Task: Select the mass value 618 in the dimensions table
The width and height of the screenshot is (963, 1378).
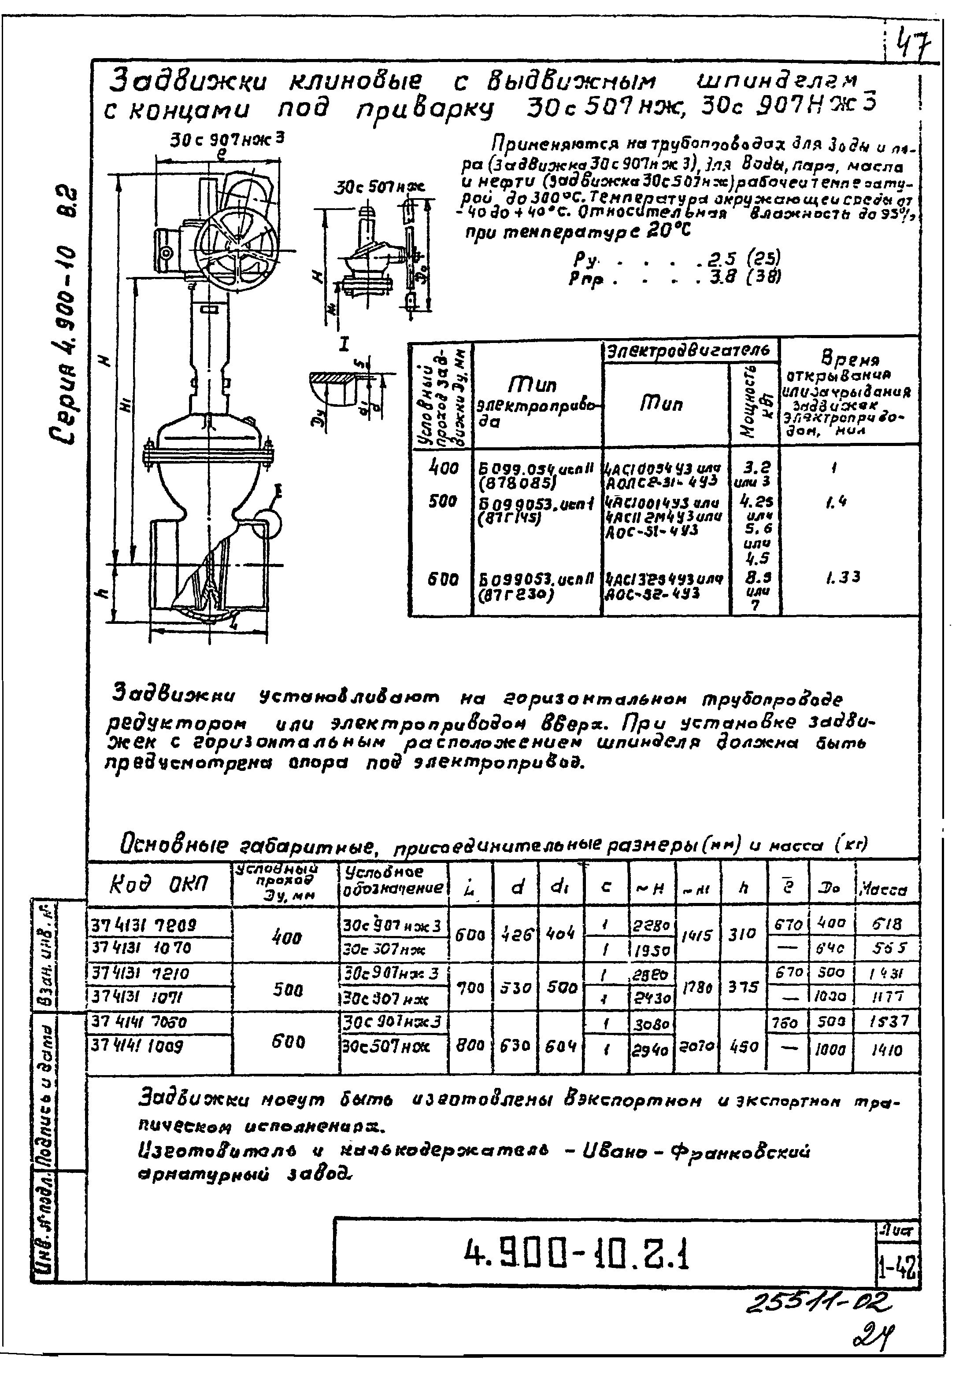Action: coord(887,924)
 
